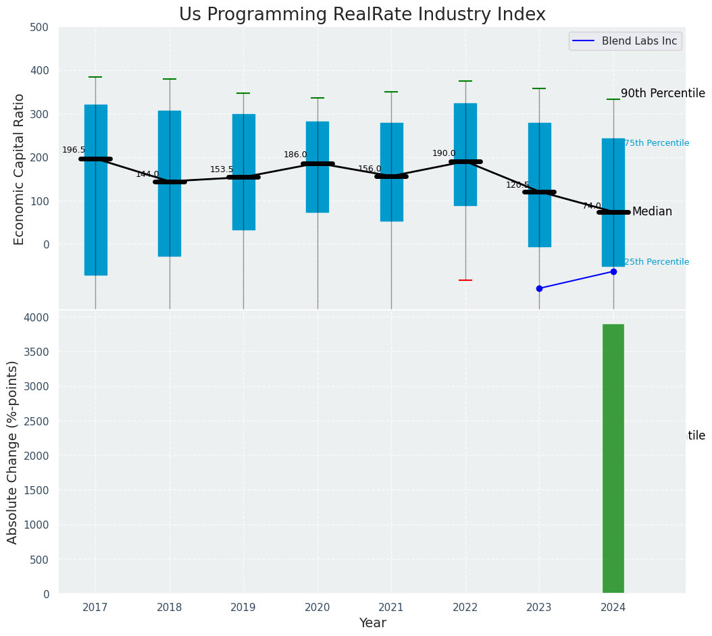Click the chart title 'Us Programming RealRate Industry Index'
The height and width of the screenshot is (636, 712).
coord(362,15)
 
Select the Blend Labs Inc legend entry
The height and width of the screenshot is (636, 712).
coord(626,41)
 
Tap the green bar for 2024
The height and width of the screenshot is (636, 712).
coord(613,459)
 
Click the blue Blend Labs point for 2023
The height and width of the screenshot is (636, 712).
coord(539,288)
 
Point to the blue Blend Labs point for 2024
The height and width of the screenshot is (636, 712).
coord(613,271)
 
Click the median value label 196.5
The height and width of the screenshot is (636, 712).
coord(74,150)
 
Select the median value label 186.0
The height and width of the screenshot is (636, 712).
coord(295,155)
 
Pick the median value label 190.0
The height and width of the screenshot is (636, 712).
coord(444,153)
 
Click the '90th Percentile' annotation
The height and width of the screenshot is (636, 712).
coord(663,93)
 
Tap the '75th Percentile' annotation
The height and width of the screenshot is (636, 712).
coord(657,143)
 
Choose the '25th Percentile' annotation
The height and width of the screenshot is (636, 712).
coord(657,262)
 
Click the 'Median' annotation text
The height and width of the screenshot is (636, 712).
coord(652,211)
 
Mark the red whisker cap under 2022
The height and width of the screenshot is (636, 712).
coord(465,280)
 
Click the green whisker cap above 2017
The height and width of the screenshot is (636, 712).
coord(95,77)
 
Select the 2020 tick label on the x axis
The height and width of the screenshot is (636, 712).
coord(317,608)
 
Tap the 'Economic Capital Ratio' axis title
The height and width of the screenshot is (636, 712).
coord(20,169)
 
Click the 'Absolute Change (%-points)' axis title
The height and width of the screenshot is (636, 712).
coord(13,452)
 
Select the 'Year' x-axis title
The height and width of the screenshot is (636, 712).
coord(372,623)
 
